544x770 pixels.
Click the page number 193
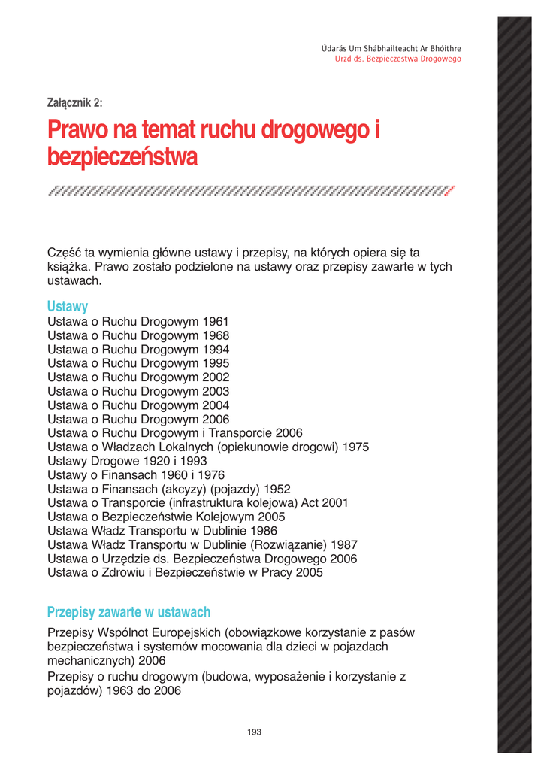click(254, 732)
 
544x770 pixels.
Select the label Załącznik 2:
click(74, 103)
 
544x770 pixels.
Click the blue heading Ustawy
click(68, 306)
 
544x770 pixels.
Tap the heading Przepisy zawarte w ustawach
click(128, 611)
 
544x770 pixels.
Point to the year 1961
click(216, 322)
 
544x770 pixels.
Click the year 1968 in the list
click(216, 335)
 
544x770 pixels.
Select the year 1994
click(216, 350)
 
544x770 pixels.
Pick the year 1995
click(216, 363)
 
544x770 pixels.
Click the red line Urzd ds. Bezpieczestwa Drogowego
click(397, 59)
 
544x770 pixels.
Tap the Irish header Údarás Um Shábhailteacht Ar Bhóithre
click(391, 49)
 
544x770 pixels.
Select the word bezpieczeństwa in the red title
click(122, 158)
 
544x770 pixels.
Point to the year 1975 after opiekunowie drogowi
click(355, 447)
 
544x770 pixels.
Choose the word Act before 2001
click(309, 502)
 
